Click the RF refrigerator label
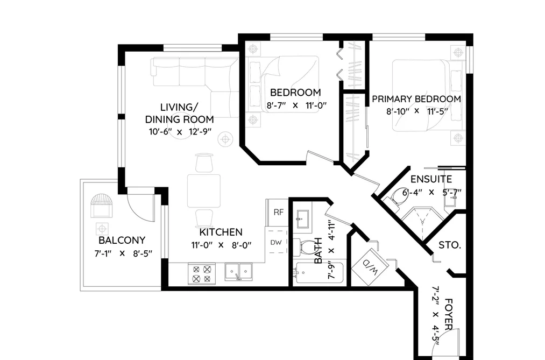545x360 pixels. pos(278,213)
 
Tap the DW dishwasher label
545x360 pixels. pos(276,243)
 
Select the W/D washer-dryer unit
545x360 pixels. pos(370,267)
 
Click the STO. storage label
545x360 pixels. pos(450,245)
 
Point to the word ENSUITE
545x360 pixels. pos(431,179)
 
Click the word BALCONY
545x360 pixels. pos(122,240)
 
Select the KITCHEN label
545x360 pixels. pos(221,232)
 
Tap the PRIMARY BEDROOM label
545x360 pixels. pos(416,99)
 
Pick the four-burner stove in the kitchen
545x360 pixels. pos(202,274)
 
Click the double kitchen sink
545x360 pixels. pos(238,271)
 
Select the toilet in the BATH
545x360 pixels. pos(304,248)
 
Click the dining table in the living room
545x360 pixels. pos(204,191)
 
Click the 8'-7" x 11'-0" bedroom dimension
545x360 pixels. pos(296,105)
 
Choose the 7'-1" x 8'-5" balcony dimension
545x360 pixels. pos(123,253)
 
